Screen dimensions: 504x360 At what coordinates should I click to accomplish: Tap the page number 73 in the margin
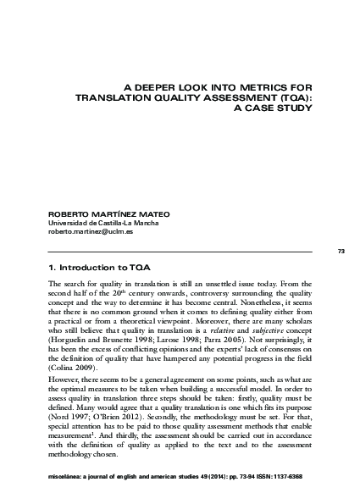(341, 252)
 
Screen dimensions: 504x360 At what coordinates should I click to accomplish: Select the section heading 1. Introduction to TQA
(99, 268)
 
